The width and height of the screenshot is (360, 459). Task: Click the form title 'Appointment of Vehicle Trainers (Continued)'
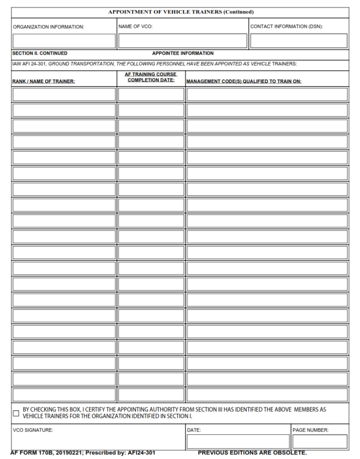click(180, 12)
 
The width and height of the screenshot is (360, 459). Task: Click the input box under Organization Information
click(64, 41)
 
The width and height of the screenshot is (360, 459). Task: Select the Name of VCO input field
click(182, 41)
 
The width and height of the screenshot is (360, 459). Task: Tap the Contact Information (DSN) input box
click(299, 41)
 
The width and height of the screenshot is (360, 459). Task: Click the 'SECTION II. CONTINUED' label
click(40, 53)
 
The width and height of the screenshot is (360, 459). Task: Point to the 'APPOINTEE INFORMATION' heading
click(182, 53)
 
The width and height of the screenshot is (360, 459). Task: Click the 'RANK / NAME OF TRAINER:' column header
click(43, 82)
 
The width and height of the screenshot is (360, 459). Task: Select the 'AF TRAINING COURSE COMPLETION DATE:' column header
click(151, 77)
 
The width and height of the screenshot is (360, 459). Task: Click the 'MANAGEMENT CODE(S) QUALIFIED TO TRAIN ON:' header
click(244, 82)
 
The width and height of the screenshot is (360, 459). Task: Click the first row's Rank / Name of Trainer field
click(64, 95)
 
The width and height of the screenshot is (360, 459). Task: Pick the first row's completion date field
click(151, 95)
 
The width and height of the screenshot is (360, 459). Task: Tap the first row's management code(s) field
click(267, 95)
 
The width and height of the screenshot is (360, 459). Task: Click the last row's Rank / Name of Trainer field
click(64, 394)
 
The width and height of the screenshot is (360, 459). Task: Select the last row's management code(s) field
click(267, 394)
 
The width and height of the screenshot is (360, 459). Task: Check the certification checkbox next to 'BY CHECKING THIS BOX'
click(16, 413)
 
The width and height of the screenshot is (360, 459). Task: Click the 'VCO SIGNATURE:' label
click(33, 430)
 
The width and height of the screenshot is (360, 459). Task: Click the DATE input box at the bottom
click(238, 442)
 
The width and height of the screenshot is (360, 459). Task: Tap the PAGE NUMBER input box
click(320, 442)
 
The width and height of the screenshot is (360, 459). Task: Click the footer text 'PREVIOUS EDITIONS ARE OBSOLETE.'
click(252, 453)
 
